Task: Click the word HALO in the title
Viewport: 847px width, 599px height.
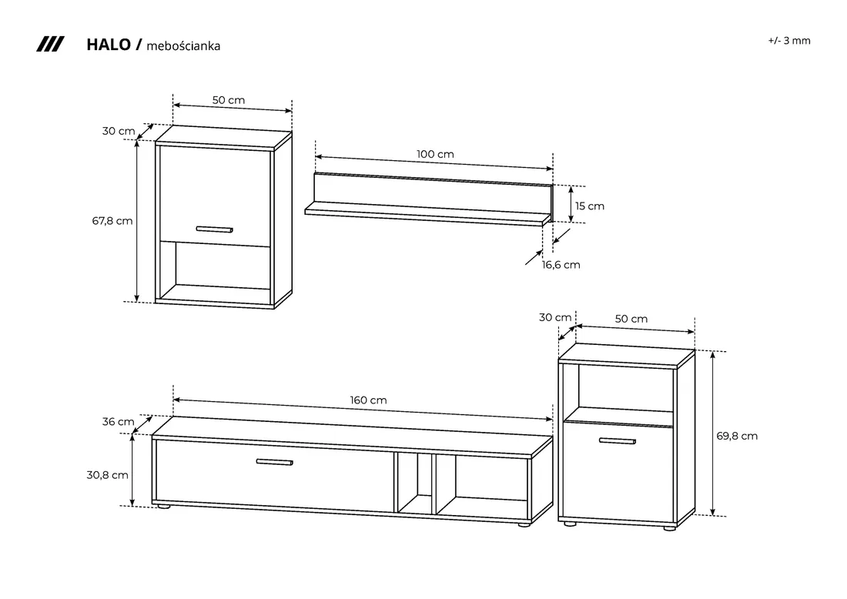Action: pyautogui.click(x=109, y=45)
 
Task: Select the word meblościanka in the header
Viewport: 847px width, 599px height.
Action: pyautogui.click(x=183, y=46)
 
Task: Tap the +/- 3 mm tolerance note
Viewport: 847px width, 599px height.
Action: pyautogui.click(x=789, y=41)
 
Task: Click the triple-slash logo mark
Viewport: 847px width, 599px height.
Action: pyautogui.click(x=50, y=45)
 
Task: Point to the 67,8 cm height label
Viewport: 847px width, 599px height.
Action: pyautogui.click(x=112, y=221)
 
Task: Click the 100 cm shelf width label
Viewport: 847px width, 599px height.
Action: pyautogui.click(x=435, y=155)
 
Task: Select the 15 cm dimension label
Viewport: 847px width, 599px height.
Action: pyautogui.click(x=590, y=206)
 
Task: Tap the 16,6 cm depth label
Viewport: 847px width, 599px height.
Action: pyautogui.click(x=561, y=265)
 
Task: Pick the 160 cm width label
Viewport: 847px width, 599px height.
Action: pyautogui.click(x=368, y=400)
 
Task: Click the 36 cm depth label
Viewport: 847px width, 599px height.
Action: pyautogui.click(x=119, y=422)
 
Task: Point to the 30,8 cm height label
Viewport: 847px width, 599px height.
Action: pyautogui.click(x=108, y=475)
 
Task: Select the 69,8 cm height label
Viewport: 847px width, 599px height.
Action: pyautogui.click(x=737, y=436)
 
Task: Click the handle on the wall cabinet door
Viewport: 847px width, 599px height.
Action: pyautogui.click(x=215, y=229)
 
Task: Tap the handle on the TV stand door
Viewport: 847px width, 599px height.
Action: pyautogui.click(x=274, y=463)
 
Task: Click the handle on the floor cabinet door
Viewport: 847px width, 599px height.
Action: pyautogui.click(x=618, y=441)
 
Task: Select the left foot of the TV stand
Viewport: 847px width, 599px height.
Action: pyautogui.click(x=162, y=506)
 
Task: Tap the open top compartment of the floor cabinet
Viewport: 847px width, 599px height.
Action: pyautogui.click(x=625, y=387)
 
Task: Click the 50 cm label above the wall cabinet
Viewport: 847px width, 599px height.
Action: pyautogui.click(x=229, y=100)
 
